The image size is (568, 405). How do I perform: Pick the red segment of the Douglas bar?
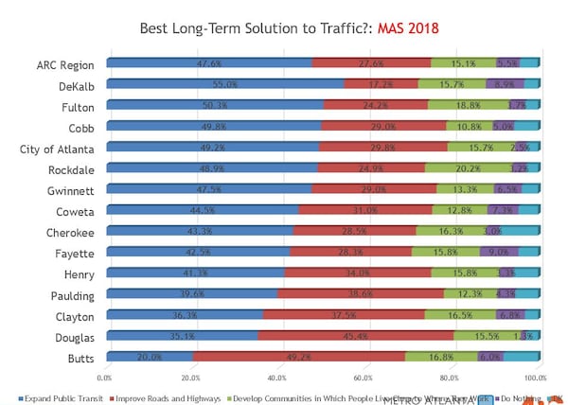coord(355,334)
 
